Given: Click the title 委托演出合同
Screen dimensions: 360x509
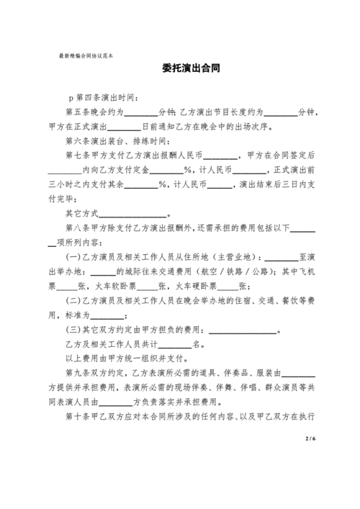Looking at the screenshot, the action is [190, 69].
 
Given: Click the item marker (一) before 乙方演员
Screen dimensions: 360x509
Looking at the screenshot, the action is [73, 258].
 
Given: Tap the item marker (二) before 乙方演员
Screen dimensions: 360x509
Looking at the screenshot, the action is [73, 301].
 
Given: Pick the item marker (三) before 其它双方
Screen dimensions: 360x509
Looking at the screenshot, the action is [73, 330].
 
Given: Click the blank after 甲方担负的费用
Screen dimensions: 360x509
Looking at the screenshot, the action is [242, 330].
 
